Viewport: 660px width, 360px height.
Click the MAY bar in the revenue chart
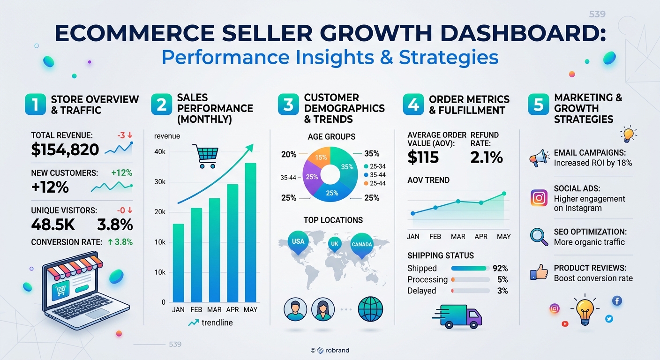[x=250, y=232]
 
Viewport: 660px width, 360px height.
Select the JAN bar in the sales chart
[x=178, y=263]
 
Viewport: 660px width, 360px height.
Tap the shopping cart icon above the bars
[x=205, y=156]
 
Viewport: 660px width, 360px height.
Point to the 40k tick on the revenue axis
[x=160, y=152]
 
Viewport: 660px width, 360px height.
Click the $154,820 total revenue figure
[x=65, y=150]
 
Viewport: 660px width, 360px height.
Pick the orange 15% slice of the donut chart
[x=319, y=157]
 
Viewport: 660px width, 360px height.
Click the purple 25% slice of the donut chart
[x=311, y=177]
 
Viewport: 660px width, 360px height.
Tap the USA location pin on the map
[x=298, y=242]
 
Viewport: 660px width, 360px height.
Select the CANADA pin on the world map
[x=362, y=246]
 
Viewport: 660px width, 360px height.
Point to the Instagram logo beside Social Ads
[x=539, y=198]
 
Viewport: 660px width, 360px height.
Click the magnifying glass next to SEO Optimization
[x=539, y=237]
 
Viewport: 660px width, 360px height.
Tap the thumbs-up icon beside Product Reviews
[x=539, y=272]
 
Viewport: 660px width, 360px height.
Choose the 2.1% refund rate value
[x=487, y=157]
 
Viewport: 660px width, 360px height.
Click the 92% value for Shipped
[x=500, y=269]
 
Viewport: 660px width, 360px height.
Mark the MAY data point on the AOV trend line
[x=504, y=194]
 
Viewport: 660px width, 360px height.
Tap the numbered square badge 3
[x=288, y=104]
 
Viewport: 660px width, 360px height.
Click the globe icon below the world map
[x=370, y=309]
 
